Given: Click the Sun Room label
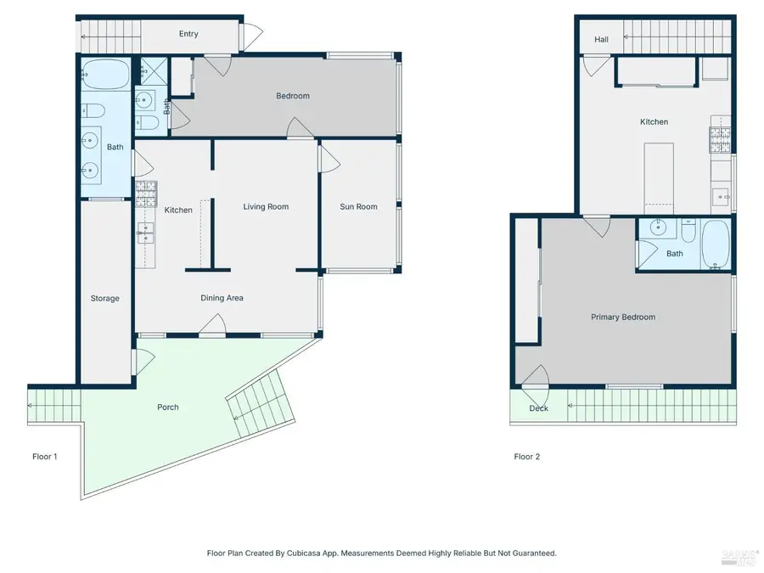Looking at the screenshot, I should click(358, 206).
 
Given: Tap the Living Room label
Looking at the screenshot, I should click(266, 206).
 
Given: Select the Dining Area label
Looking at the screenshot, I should click(222, 298).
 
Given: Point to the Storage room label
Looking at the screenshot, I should click(105, 298).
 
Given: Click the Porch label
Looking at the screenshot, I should click(168, 407).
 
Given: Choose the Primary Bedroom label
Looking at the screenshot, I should click(623, 317).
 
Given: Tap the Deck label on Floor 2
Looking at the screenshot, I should click(538, 408).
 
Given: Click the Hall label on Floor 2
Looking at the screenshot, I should click(601, 39).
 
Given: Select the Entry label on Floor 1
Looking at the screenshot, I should click(188, 34).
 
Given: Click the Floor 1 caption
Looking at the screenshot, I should click(45, 457).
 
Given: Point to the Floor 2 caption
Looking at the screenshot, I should click(526, 457).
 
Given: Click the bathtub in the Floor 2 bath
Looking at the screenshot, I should click(715, 244).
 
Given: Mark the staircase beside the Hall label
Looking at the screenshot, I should click(676, 36).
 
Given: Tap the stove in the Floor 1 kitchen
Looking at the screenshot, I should click(144, 193).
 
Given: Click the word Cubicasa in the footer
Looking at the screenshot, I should click(328, 553).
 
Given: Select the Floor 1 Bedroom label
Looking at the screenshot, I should click(293, 96).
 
